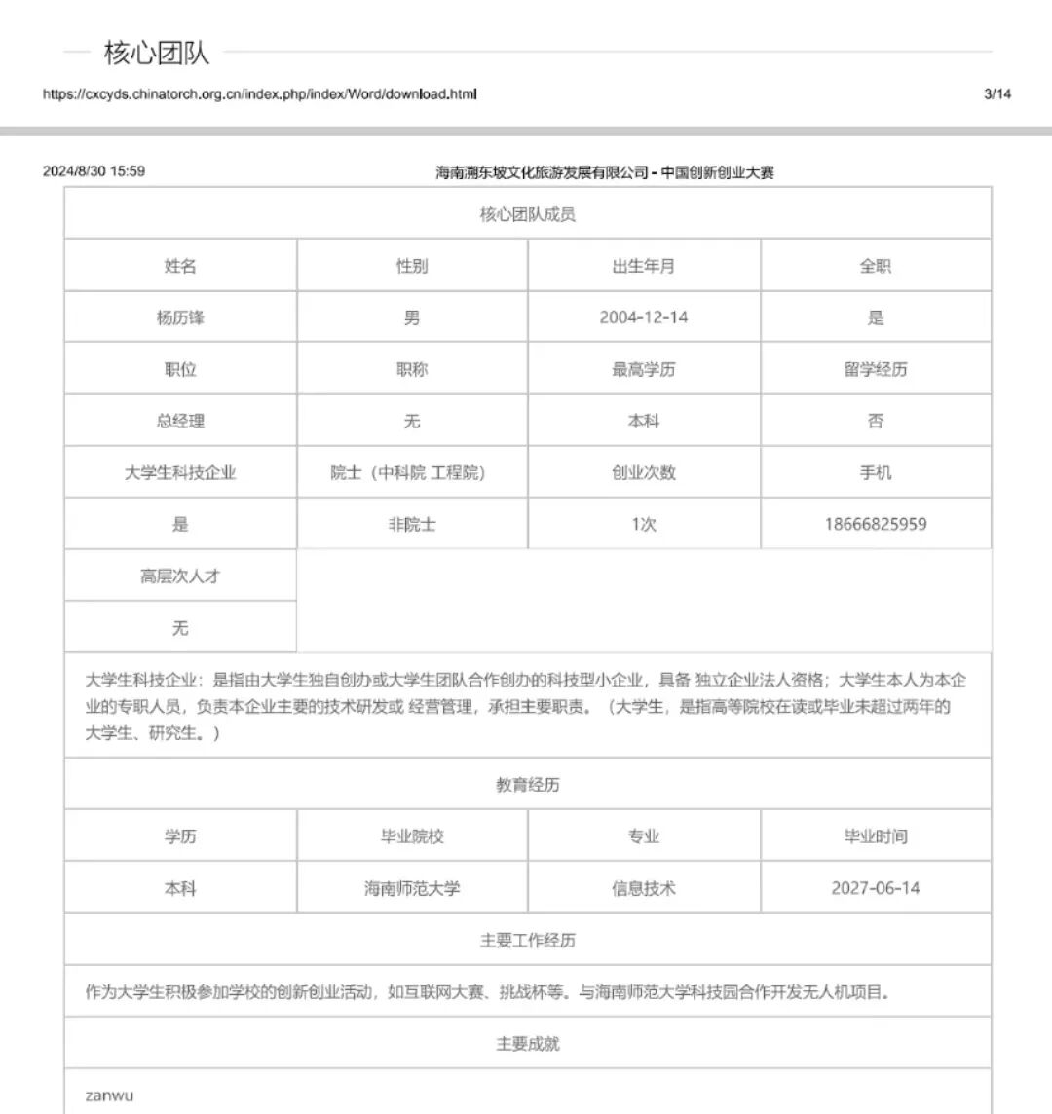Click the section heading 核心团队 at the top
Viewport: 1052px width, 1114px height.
point(156,53)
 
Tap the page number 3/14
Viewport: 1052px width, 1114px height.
point(997,94)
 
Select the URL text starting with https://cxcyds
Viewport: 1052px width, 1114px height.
point(259,94)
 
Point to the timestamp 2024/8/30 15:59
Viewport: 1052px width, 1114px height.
point(94,171)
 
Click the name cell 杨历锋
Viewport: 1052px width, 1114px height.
point(180,317)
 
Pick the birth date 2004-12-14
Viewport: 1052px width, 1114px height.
point(643,317)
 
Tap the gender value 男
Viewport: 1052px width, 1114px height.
point(412,317)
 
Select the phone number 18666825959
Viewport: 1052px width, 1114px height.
point(875,524)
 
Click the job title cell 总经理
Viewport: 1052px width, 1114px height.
point(180,421)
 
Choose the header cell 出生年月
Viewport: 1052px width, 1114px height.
point(643,266)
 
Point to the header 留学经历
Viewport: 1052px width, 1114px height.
point(875,369)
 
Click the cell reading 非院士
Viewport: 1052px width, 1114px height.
point(412,524)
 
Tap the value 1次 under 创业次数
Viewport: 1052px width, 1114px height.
point(643,524)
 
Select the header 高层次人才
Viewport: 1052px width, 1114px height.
point(180,576)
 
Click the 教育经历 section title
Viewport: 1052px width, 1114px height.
point(527,784)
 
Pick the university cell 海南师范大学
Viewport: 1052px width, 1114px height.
point(412,888)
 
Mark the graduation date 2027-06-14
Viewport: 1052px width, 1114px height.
point(875,888)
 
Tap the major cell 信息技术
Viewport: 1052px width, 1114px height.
point(643,888)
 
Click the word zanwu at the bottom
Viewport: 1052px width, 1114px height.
point(109,1095)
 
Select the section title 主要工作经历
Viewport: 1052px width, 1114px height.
point(527,940)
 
